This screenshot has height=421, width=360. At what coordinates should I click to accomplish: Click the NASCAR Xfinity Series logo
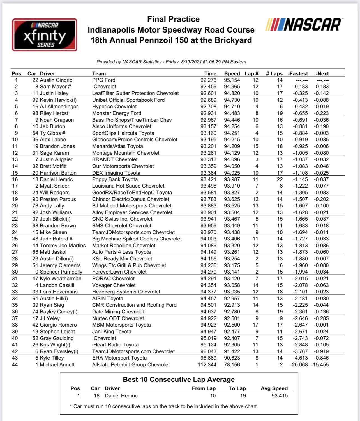(44, 35)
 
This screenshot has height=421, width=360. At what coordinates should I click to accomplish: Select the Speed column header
(232, 74)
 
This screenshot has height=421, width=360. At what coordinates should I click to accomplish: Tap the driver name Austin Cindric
(56, 80)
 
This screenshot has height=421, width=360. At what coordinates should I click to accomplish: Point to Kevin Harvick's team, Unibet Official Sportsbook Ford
(128, 100)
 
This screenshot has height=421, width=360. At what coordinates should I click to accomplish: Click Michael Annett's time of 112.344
(207, 365)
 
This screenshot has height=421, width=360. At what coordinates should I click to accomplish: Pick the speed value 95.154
(232, 80)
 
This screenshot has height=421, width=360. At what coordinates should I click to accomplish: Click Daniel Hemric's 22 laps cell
(280, 179)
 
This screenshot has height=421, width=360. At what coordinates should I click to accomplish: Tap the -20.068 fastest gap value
(299, 365)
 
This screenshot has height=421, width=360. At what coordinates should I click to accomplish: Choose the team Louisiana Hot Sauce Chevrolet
(128, 186)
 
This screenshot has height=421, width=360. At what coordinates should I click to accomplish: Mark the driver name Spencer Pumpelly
(61, 272)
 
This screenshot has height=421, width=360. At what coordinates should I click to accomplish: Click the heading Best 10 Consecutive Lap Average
(179, 380)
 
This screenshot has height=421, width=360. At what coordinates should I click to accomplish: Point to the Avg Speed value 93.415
(280, 396)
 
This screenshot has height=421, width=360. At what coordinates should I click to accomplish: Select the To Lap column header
(237, 388)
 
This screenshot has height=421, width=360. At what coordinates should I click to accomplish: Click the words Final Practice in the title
(173, 19)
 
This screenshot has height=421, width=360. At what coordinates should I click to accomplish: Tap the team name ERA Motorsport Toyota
(119, 358)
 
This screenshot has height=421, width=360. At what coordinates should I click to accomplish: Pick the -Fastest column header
(298, 74)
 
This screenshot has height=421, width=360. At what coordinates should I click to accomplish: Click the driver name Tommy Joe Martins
(63, 246)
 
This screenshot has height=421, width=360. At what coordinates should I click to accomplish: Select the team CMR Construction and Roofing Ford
(134, 305)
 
